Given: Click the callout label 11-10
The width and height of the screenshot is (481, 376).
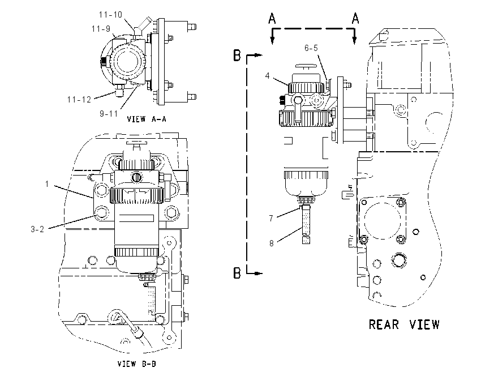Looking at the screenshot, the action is pos(110,14).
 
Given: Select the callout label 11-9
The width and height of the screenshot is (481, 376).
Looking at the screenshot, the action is pos(101,28).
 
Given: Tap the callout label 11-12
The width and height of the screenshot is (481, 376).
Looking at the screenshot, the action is pos(79,100).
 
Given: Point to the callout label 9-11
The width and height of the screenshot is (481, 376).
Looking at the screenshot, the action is pos(109,114).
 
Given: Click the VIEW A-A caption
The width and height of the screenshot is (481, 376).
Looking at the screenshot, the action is pos(147,119).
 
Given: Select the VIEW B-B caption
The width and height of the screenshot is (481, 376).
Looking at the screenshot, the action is pos(137,364).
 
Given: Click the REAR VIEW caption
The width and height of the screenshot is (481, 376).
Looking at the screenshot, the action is pos(404,324).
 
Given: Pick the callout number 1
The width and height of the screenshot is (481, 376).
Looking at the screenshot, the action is pos(47,184).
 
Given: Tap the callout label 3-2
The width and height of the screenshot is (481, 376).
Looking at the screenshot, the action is pos(37,229).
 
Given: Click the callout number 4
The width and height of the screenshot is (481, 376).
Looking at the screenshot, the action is pos(268,75).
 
